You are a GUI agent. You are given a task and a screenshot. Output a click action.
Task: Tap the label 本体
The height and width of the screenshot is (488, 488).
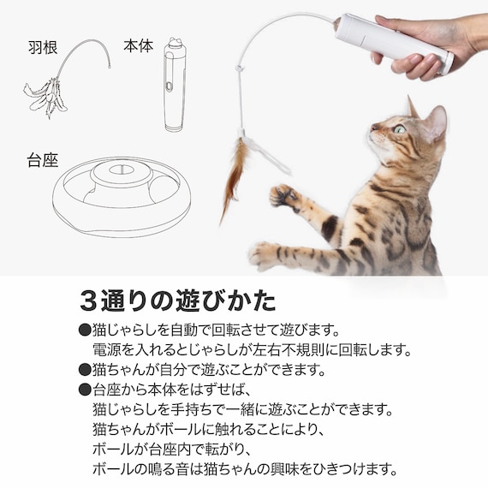(138, 46)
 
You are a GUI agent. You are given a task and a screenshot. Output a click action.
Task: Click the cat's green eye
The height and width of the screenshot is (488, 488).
(400, 129)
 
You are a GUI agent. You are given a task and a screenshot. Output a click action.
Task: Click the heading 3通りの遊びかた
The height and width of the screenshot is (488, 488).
(177, 301)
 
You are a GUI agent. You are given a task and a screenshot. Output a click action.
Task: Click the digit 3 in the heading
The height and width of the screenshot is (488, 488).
(87, 301)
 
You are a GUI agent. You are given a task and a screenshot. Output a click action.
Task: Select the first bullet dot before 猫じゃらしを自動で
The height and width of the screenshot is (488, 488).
(84, 330)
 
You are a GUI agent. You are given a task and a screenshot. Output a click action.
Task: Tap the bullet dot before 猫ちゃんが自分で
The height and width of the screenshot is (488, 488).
(84, 370)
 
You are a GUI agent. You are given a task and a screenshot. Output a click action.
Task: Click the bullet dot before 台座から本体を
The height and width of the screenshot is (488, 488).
(84, 390)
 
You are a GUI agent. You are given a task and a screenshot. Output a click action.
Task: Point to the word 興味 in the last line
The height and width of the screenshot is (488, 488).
(312, 468)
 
